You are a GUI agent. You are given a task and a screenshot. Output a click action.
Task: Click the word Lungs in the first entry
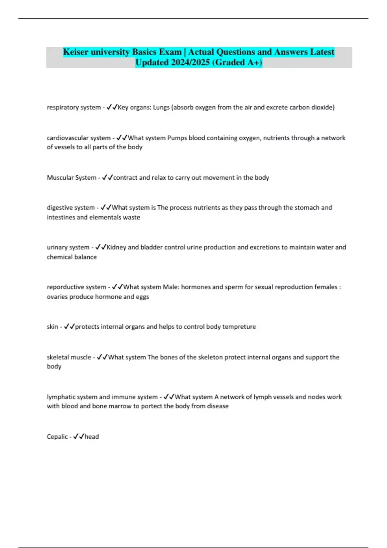coord(161,107)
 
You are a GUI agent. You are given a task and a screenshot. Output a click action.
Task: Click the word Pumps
coord(177,138)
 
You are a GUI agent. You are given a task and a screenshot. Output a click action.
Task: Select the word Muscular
coord(60,178)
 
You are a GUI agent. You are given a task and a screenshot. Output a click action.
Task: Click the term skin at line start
coord(52,327)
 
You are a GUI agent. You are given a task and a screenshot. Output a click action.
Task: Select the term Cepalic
coord(57,437)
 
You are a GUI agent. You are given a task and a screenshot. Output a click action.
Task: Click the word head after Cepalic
coord(92,437)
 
